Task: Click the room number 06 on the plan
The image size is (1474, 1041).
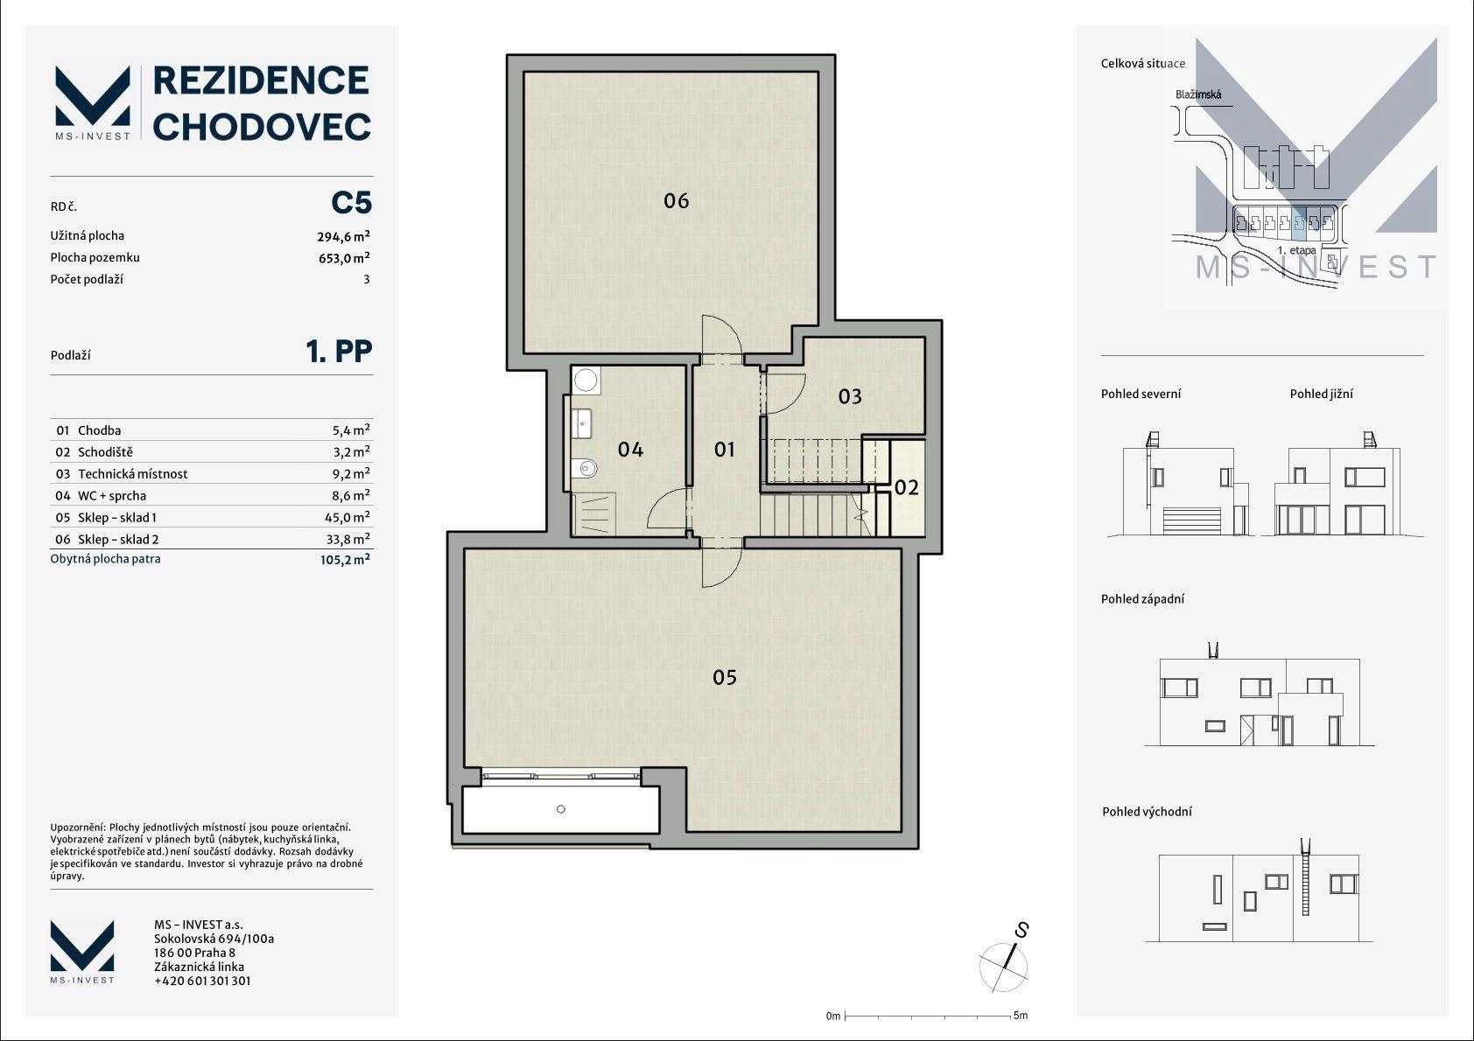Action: (x=676, y=200)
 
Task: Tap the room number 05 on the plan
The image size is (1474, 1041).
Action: (x=725, y=677)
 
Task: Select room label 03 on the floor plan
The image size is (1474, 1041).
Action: (x=850, y=396)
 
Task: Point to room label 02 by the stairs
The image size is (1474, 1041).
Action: (x=906, y=487)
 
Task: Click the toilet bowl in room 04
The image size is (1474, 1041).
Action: (x=584, y=467)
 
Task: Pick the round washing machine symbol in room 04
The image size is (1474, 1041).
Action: (x=585, y=380)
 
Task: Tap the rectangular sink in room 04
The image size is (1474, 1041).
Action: (x=582, y=423)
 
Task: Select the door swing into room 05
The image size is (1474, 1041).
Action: (x=722, y=567)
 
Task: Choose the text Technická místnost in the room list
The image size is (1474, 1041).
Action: (x=133, y=474)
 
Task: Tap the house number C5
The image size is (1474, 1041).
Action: (x=351, y=203)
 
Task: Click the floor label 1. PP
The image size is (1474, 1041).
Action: (x=339, y=351)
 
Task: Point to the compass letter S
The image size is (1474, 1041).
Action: (x=1022, y=930)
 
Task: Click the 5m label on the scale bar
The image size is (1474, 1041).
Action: (x=1020, y=1016)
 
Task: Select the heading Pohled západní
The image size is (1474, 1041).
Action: (x=1142, y=599)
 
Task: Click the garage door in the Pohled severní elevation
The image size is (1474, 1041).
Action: (x=1191, y=520)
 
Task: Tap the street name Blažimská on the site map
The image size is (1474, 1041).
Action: (x=1198, y=94)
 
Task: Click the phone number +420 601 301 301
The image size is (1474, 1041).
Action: (x=203, y=982)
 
